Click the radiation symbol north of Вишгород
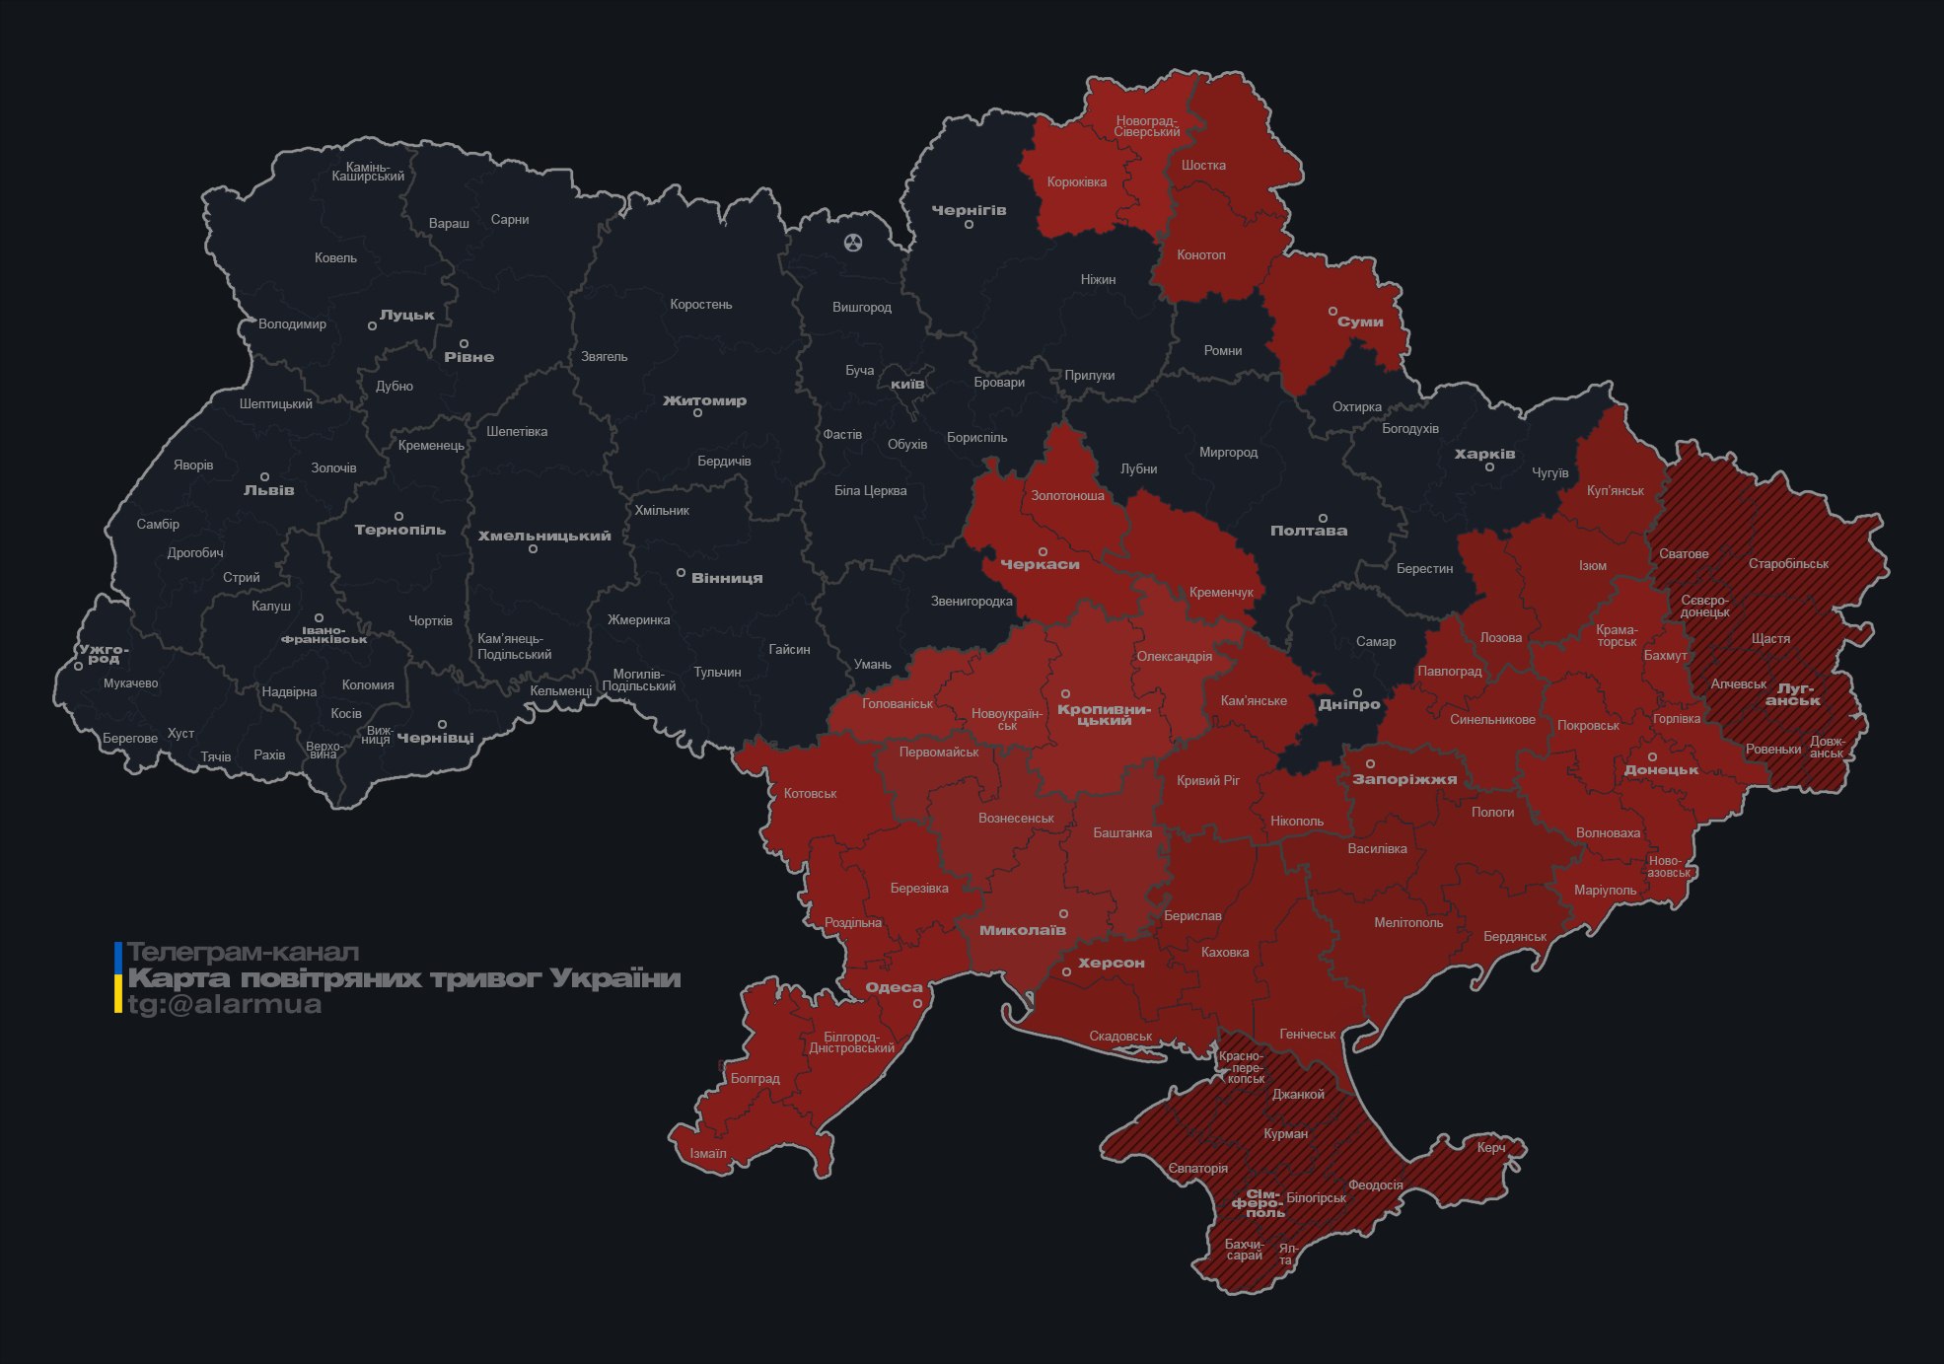[x=853, y=242]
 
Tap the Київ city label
[x=907, y=384]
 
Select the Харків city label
[x=1484, y=454]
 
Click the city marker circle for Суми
[x=1332, y=311]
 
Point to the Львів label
[x=268, y=489]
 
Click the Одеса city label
[x=894, y=987]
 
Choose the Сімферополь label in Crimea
[x=1259, y=1203]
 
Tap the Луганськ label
[x=1794, y=694]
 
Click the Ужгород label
[x=104, y=654]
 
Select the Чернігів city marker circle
[x=969, y=225]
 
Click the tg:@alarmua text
[x=224, y=1004]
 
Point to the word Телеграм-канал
[x=243, y=952]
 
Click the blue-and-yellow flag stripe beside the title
[x=118, y=977]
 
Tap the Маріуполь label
[x=1605, y=890]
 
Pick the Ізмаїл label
[x=707, y=1153]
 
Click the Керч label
[x=1490, y=1147]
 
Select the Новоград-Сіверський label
[x=1147, y=126]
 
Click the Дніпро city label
[x=1349, y=704]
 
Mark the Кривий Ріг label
[x=1208, y=780]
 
